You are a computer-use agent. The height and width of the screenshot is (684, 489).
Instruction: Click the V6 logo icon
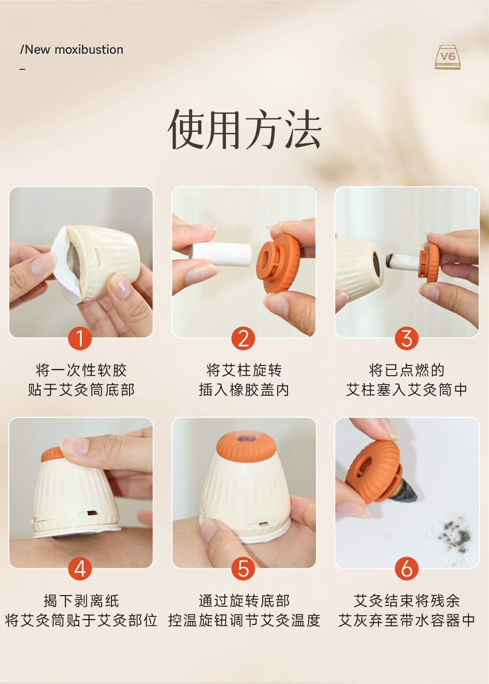448,57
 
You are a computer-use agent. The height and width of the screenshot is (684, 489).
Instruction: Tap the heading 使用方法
244,129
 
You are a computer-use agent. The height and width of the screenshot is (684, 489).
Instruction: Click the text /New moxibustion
71,50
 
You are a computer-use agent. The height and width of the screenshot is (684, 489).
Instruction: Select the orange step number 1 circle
80,338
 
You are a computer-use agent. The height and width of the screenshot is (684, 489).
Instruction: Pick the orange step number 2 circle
244,338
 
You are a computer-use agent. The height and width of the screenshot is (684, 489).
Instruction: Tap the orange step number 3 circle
406,338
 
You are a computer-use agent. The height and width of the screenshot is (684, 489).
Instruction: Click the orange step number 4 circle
80,569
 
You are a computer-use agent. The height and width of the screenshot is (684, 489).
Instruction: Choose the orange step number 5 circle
244,569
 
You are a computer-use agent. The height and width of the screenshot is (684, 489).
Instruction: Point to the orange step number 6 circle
406,569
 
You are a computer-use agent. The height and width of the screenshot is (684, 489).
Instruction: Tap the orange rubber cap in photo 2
278,263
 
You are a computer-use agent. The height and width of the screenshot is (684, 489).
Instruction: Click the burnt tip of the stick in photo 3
391,260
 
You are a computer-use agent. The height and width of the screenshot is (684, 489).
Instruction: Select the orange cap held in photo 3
429,262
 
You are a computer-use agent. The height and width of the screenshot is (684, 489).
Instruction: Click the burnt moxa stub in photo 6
403,490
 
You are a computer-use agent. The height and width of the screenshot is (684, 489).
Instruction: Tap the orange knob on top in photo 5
246,446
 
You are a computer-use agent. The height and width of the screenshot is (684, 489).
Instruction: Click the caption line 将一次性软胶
81,370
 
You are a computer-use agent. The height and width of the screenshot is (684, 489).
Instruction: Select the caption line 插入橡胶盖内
244,390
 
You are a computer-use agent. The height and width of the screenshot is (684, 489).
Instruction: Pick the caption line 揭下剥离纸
81,601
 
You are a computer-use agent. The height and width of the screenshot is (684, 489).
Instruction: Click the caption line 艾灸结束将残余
407,601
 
